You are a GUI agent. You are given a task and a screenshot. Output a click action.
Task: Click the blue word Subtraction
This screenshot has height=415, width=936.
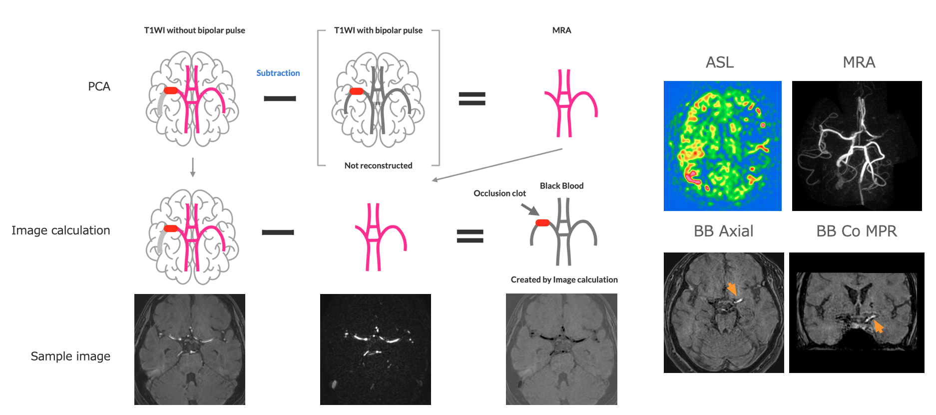point(278,73)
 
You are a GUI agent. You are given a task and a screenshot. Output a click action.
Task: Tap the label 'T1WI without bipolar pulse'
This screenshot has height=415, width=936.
point(194,30)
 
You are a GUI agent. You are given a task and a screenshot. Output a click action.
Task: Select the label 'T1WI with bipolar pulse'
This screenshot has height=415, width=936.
point(378,30)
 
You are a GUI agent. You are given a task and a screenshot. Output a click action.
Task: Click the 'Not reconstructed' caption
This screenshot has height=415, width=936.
point(378,165)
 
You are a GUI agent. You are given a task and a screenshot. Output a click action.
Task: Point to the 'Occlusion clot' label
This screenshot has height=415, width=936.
point(499,193)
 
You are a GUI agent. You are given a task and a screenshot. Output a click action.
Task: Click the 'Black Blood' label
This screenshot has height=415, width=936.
point(561,186)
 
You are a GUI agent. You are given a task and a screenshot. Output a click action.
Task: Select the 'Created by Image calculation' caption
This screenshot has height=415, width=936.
point(564,280)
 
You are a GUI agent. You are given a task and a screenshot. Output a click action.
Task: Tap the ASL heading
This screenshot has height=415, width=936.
point(720,62)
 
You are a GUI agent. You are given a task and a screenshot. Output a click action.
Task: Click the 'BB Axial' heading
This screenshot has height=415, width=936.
point(723,231)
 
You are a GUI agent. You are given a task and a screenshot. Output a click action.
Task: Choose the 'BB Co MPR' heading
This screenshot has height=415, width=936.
point(856,231)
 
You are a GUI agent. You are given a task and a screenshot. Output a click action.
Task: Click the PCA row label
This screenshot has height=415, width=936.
point(99,86)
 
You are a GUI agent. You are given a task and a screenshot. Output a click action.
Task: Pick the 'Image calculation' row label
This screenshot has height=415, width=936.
point(61,230)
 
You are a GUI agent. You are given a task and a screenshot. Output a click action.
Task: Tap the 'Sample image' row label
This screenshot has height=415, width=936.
point(70,356)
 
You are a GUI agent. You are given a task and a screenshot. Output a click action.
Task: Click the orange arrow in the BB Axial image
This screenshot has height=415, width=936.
point(732,289)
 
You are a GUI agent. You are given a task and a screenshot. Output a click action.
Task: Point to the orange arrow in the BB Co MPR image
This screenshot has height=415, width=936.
point(878,326)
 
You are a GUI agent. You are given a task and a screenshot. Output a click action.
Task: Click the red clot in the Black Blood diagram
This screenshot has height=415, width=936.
point(542,223)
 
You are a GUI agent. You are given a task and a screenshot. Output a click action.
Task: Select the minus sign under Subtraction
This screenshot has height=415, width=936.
point(280,98)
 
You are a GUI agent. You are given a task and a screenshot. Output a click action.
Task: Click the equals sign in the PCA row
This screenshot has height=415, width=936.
point(472,98)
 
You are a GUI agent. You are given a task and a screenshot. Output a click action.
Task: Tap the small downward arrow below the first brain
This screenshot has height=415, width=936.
point(193,167)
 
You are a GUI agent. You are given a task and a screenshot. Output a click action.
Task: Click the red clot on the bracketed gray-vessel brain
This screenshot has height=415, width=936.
point(357,91)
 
